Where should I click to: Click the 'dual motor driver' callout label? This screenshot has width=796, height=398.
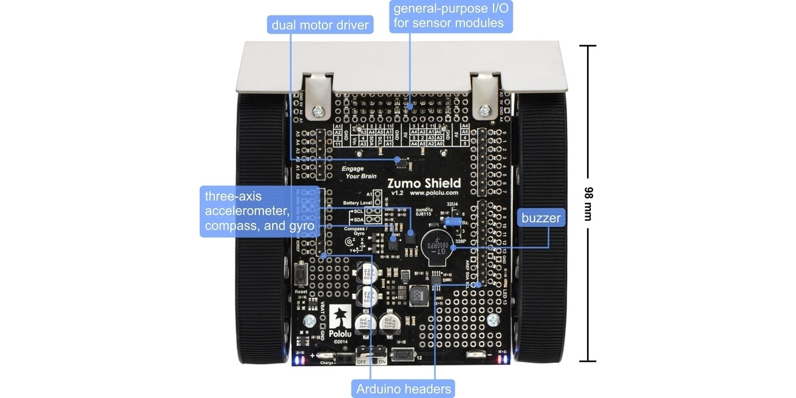coord(320,25)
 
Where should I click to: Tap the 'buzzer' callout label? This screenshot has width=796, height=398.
coord(541,218)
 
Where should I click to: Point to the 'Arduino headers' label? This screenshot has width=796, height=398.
coord(403,389)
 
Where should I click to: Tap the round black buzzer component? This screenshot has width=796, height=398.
coord(435,247)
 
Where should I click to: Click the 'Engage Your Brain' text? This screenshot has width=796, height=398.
coord(359,172)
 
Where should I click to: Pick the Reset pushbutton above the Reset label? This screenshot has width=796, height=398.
coord(300,273)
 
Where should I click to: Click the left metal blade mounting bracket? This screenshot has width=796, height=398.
coord(317,93)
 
